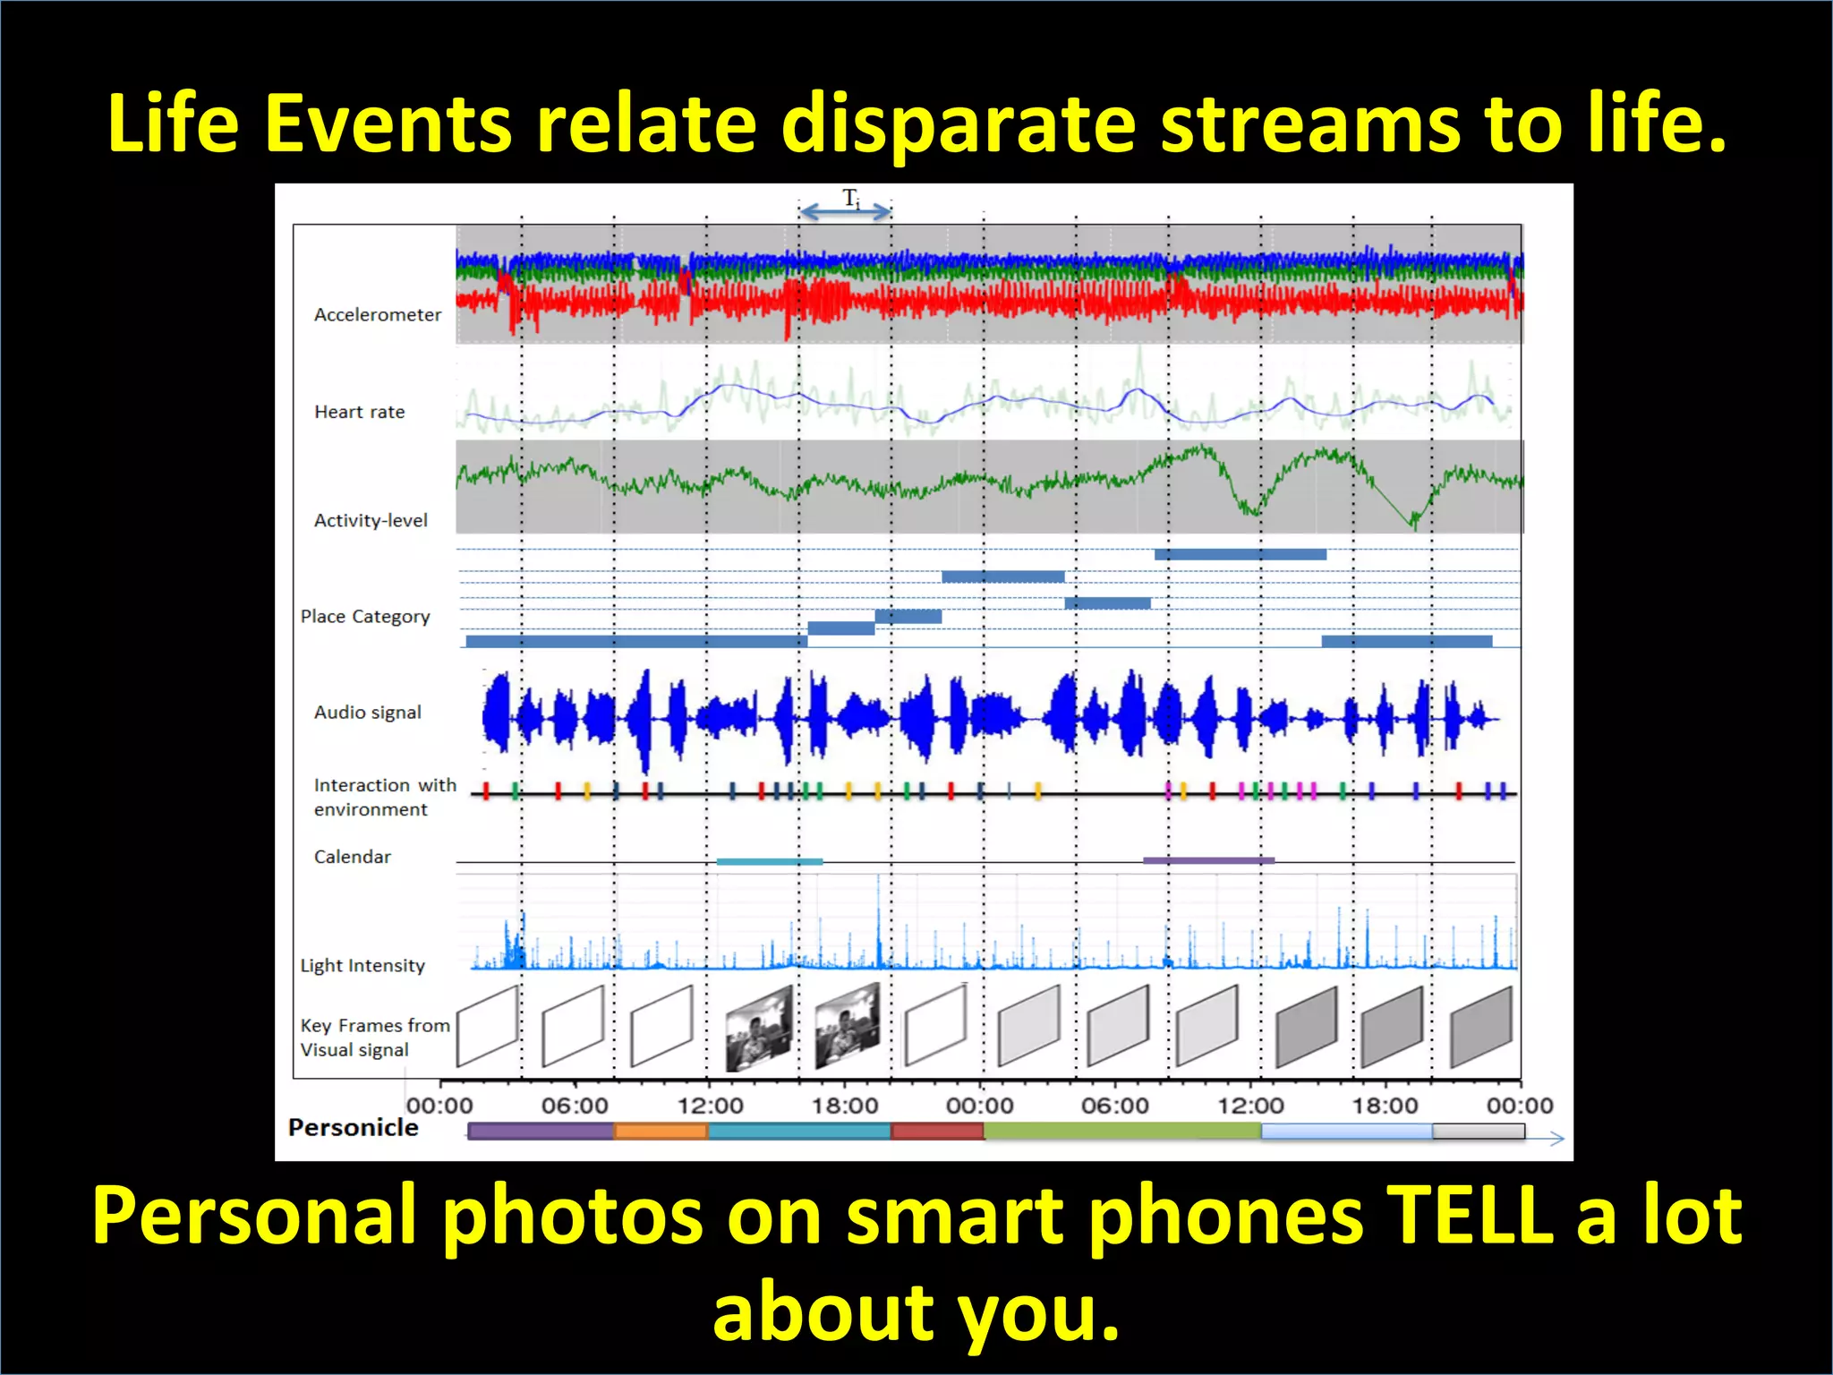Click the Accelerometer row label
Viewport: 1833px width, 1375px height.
coord(377,315)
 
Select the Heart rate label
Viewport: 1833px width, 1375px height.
coord(359,412)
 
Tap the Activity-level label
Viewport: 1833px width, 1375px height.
coord(371,520)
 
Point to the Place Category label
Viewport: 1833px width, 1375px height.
coord(365,617)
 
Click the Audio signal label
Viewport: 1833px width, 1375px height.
coord(367,713)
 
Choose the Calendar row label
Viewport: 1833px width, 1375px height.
coord(352,857)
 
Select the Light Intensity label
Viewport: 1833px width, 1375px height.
coord(362,966)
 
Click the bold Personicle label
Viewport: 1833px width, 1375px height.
coord(353,1128)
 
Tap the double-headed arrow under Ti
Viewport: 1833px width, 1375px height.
coord(845,212)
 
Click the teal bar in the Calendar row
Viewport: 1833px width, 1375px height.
coord(769,861)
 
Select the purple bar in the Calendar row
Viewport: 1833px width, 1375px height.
coord(1208,860)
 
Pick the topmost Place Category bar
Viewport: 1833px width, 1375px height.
coord(1240,555)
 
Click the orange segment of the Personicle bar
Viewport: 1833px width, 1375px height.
coord(661,1132)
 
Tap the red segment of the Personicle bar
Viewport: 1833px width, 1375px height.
coord(937,1132)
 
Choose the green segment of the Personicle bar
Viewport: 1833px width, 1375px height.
coord(1121,1132)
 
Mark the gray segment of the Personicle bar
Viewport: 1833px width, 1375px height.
coord(1478,1132)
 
